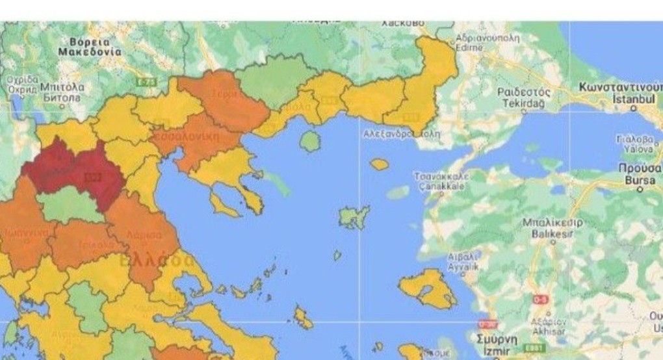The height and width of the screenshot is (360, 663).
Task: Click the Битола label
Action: pyautogui.click(x=62, y=97)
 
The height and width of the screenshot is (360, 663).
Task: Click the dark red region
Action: pyautogui.click(x=71, y=169)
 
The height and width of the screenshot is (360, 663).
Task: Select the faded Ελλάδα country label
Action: pyautogui.click(x=156, y=261)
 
